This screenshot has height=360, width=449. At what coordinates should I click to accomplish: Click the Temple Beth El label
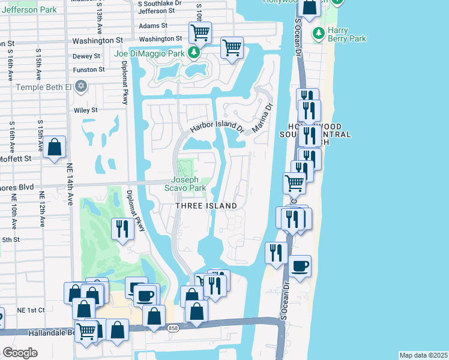(x=43, y=87)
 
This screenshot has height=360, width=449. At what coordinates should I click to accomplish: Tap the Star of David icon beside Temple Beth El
(x=82, y=87)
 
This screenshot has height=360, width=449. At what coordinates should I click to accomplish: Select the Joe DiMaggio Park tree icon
(x=194, y=53)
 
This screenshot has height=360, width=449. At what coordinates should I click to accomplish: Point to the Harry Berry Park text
(x=347, y=34)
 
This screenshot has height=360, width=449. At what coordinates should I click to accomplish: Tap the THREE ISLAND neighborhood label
(x=206, y=206)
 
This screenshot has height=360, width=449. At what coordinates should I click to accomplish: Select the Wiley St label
(x=86, y=110)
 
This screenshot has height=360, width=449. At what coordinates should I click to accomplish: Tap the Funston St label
(x=88, y=70)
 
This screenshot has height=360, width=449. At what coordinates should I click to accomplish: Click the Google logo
(x=20, y=353)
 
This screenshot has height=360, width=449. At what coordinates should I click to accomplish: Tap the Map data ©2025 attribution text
(x=423, y=355)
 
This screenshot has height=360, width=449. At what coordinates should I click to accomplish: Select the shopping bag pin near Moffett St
(x=54, y=148)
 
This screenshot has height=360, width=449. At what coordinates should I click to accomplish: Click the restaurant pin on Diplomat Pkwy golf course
(x=122, y=229)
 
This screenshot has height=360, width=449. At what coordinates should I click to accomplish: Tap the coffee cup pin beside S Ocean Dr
(x=300, y=266)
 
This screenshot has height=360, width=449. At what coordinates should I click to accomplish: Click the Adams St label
(x=153, y=26)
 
